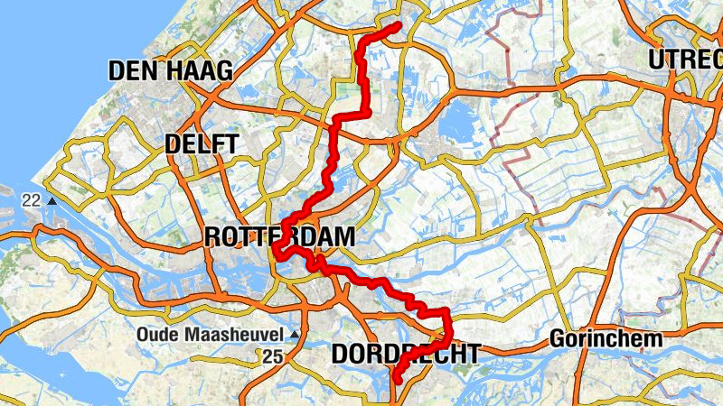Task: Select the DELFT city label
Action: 202,144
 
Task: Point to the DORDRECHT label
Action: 405,355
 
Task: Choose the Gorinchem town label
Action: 606,340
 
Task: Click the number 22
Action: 33,200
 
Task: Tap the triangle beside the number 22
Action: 52,200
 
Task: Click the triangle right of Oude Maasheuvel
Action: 293,334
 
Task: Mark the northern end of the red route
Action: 397,26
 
